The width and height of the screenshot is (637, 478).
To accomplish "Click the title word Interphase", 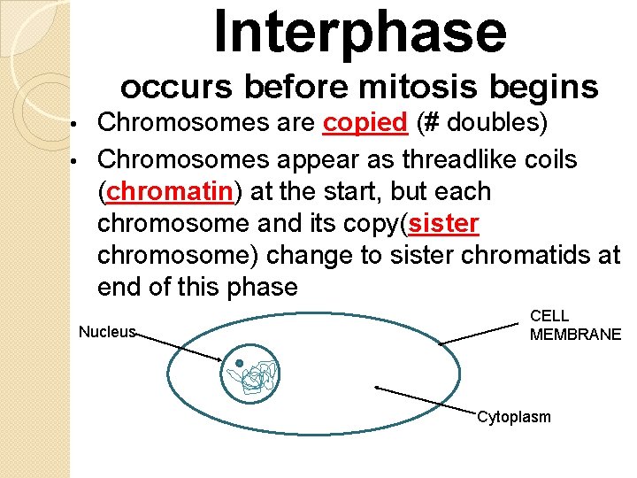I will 359,32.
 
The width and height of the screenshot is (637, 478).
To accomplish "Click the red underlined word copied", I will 365,123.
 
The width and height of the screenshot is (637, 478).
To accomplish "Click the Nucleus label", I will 107,332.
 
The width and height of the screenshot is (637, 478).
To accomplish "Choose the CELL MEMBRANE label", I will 575,325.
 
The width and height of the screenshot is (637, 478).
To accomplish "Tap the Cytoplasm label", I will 513,417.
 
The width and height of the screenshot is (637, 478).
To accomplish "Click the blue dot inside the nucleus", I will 239,363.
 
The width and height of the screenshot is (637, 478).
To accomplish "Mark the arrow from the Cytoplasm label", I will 425,399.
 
